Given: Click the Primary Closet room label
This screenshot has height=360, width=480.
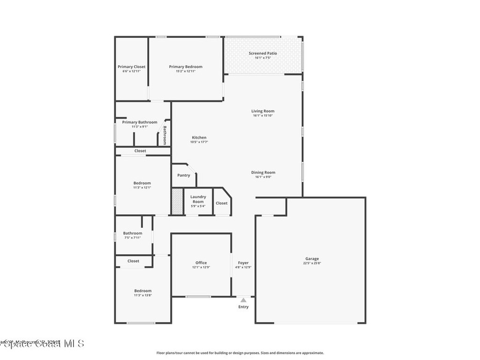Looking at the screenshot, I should pyautogui.click(x=131, y=67).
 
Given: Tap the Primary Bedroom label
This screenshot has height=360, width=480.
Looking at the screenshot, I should pyautogui.click(x=186, y=67).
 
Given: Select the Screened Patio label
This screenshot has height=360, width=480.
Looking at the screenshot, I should pyautogui.click(x=262, y=53).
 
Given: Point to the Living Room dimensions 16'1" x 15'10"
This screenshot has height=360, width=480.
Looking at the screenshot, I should pyautogui.click(x=262, y=115).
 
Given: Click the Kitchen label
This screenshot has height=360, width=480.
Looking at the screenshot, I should pyautogui.click(x=199, y=137).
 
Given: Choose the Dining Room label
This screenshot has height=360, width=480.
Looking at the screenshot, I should pyautogui.click(x=262, y=172).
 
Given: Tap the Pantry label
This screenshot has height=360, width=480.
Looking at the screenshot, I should pyautogui.click(x=184, y=175).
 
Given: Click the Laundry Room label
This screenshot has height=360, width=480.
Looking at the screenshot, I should pyautogui.click(x=197, y=199).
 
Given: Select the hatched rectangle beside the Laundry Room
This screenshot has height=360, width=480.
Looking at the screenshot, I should pyautogui.click(x=177, y=202).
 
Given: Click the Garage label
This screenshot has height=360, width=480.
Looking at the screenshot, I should pyautogui.click(x=312, y=259).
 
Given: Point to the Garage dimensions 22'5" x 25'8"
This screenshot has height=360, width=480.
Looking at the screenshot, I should pyautogui.click(x=312, y=263).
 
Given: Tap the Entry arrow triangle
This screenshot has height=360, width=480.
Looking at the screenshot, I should pyautogui.click(x=243, y=300).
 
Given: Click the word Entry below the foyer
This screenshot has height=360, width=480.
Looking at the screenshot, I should pyautogui.click(x=243, y=307).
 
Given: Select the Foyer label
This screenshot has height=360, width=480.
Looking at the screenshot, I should pyautogui.click(x=243, y=262).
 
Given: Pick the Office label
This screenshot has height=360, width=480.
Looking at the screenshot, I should pyautogui.click(x=201, y=262).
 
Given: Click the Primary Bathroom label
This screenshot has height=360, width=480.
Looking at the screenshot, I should pyautogui.click(x=140, y=122).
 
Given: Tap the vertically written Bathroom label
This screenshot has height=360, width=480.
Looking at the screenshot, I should pyautogui.click(x=165, y=135).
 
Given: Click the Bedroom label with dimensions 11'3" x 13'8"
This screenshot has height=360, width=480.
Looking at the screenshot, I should pyautogui.click(x=142, y=291).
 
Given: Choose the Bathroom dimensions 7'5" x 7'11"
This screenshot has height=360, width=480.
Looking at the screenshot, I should pyautogui.click(x=132, y=238).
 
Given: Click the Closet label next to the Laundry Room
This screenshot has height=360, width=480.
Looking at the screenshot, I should pyautogui.click(x=222, y=203).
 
